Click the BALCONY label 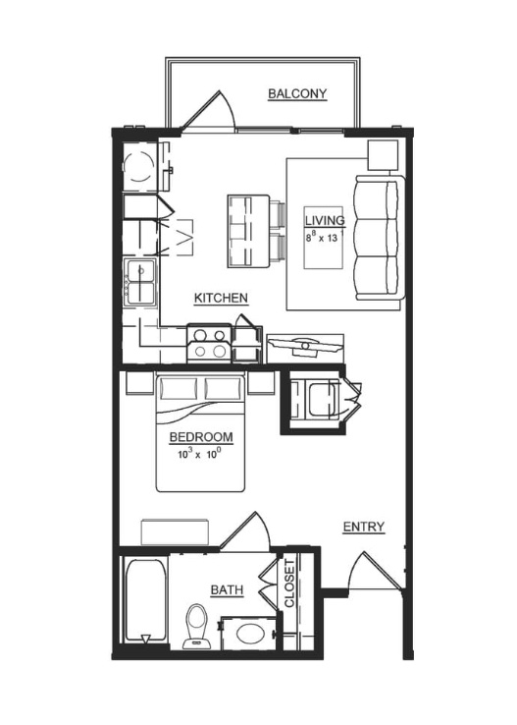click(297, 94)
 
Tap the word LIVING click(325, 221)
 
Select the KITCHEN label click(221, 298)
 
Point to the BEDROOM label click(201, 437)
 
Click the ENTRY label click(364, 527)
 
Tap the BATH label click(228, 590)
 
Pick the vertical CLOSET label click(289, 584)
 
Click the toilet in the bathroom click(196, 626)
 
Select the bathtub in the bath click(145, 600)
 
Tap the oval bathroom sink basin click(251, 634)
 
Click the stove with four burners click(209, 343)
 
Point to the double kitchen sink click(141, 282)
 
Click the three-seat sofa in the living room click(380, 238)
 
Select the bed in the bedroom click(200, 433)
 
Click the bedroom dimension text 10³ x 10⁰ click(200, 454)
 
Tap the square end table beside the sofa click(383, 155)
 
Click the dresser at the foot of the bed click(175, 532)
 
